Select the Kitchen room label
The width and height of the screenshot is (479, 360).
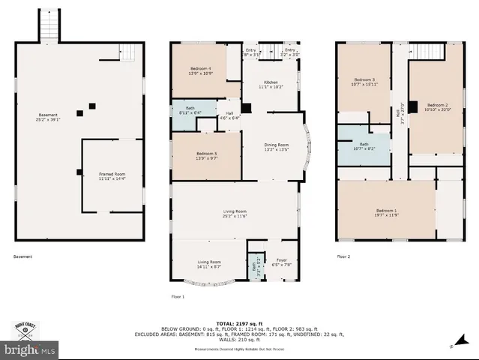coord(271,85)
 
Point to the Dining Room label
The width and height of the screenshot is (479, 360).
coord(277,147)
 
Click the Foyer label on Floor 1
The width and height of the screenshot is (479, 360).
coord(282,262)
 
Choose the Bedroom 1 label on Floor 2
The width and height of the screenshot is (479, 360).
coord(386,212)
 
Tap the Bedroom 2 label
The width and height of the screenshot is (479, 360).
coord(437,106)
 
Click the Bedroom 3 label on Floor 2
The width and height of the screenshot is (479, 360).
coord(364,82)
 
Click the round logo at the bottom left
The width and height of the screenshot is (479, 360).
coord(25,331)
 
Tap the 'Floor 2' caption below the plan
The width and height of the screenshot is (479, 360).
coord(343,256)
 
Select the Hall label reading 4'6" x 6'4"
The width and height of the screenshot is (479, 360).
coord(229,115)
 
